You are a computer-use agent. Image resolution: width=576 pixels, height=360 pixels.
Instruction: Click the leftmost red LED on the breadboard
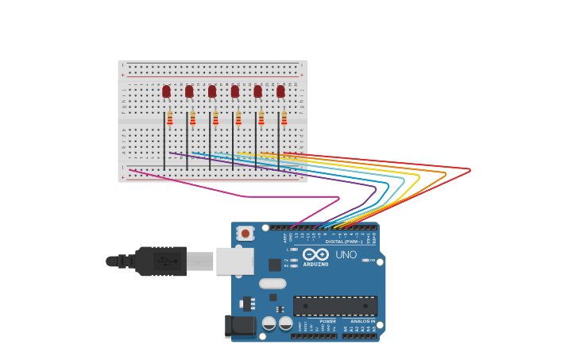coord(166,91)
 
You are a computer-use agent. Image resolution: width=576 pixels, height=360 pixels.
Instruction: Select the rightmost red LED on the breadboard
coord(280,91)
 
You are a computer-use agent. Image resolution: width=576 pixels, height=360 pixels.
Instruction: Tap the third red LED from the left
coord(212,91)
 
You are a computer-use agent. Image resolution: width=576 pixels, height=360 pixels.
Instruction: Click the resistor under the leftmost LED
coord(169,118)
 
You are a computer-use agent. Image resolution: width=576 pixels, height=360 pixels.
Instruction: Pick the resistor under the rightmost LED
coord(284,118)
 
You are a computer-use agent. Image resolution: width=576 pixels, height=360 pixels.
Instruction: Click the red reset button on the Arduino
coord(245,234)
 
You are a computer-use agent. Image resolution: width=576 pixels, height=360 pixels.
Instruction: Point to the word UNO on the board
coord(346,255)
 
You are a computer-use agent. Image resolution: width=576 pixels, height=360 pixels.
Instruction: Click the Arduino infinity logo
coord(315,254)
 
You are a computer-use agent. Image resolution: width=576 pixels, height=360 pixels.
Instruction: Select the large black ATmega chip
coord(335,305)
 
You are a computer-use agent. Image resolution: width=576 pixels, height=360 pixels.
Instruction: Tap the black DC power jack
coord(240,326)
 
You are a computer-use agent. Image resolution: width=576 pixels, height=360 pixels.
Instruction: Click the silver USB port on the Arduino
coord(235,261)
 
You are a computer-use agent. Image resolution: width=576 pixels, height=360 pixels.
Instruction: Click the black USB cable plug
coord(161,261)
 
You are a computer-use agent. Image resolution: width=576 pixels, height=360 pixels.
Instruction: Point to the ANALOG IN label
coord(363,321)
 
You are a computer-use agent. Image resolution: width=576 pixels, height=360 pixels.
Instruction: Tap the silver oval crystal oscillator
coord(273,283)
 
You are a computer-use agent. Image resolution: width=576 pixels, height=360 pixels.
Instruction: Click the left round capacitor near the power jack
coord(269,323)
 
